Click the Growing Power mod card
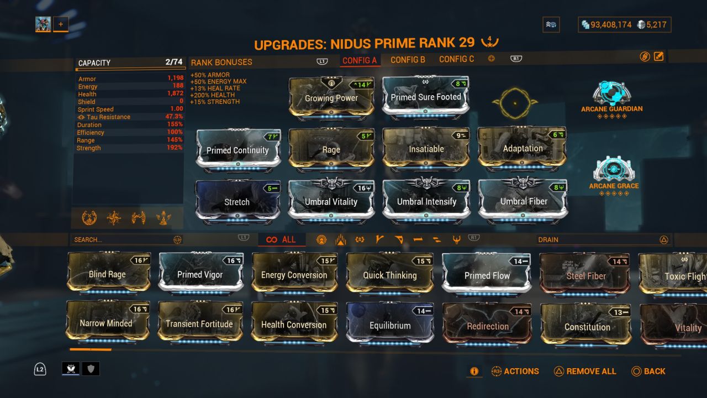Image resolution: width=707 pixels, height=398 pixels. click(331, 97)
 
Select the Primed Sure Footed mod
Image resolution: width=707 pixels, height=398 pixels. click(425, 96)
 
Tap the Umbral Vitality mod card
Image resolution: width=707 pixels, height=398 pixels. click(331, 201)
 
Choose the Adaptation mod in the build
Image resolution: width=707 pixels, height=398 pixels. click(523, 148)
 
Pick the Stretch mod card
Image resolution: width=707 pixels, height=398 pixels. click(237, 201)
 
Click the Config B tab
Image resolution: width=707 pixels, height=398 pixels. click(408, 60)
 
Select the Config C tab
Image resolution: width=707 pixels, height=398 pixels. click(456, 59)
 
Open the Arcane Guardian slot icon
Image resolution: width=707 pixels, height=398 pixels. click(611, 93)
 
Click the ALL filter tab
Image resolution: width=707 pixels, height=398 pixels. click(281, 239)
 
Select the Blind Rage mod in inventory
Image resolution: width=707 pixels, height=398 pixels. click(107, 274)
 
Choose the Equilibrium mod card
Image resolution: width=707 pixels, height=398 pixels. click(390, 325)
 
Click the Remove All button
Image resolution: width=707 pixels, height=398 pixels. click(585, 371)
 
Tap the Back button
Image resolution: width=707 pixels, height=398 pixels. click(648, 371)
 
